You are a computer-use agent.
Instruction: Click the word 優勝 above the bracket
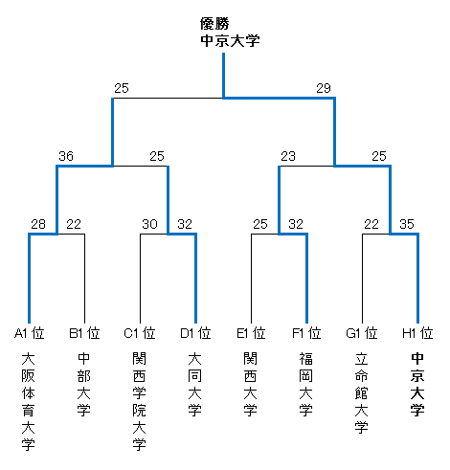point(214,24)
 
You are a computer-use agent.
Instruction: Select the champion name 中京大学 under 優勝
point(230,41)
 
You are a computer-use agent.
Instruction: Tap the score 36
point(66,156)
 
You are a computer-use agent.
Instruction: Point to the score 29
point(324,88)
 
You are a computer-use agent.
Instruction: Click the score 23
point(288,156)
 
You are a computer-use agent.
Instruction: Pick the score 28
point(38,224)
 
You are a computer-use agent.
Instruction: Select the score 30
point(149,224)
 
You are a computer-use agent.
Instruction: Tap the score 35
point(407,224)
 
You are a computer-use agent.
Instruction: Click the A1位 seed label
point(30,333)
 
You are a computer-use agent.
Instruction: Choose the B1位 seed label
point(84,333)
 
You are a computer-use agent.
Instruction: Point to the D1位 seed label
point(195,333)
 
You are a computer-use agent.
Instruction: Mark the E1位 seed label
point(251,333)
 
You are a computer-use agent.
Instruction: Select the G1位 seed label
point(362,333)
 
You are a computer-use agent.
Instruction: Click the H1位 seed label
point(417,333)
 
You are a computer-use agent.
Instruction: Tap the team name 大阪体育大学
point(29,401)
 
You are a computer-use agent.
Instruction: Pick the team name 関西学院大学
point(140,401)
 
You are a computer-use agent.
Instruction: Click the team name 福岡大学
point(306,384)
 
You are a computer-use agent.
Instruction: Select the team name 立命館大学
point(362,392)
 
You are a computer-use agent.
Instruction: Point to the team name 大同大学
point(195,384)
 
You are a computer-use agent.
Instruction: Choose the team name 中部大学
point(84,384)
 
